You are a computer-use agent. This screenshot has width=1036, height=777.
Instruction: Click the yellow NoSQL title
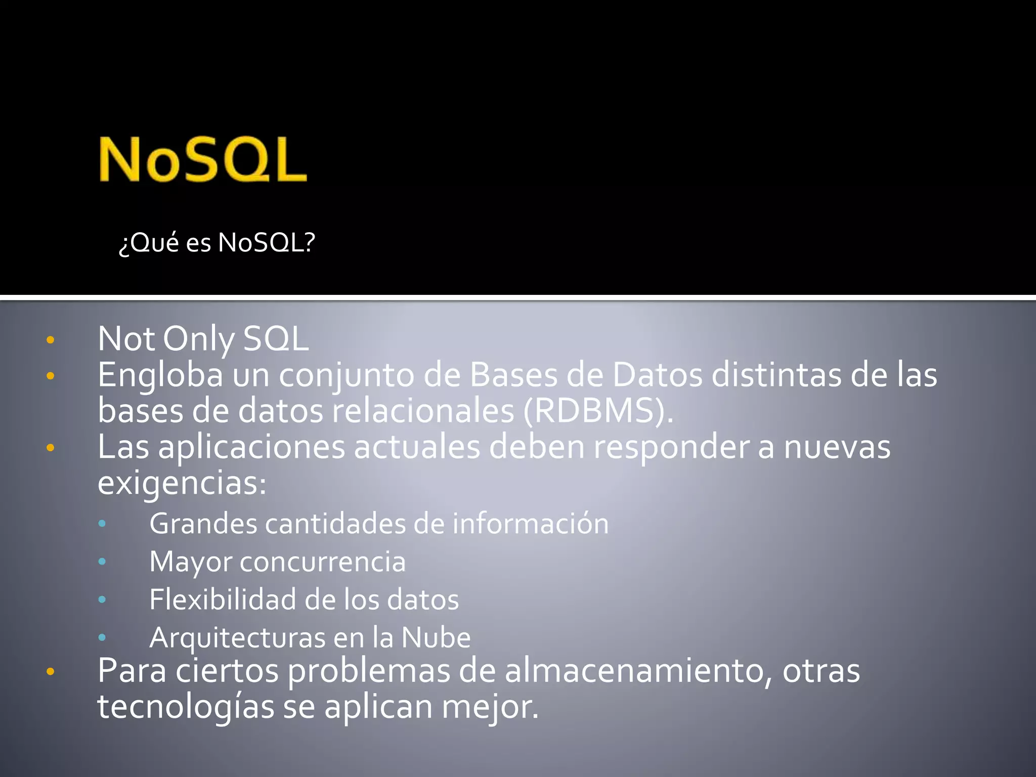203,159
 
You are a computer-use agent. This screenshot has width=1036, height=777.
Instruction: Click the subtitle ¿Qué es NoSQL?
217,242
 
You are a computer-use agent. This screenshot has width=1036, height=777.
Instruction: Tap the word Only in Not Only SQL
199,339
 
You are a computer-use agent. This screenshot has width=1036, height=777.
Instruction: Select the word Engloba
160,375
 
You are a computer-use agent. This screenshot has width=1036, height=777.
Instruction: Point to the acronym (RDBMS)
598,411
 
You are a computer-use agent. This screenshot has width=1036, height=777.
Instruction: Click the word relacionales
423,411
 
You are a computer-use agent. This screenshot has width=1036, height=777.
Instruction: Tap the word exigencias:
182,483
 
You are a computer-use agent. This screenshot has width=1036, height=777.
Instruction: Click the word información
531,524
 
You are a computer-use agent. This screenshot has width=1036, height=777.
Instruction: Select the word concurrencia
323,562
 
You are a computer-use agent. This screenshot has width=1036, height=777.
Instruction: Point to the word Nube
436,637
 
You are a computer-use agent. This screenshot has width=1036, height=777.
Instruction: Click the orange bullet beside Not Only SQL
50,340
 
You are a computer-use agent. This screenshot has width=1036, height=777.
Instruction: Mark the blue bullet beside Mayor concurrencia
102,562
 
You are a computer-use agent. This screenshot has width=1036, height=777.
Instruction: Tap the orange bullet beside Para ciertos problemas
50,672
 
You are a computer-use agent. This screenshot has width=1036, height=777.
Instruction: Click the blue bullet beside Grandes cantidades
102,524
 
